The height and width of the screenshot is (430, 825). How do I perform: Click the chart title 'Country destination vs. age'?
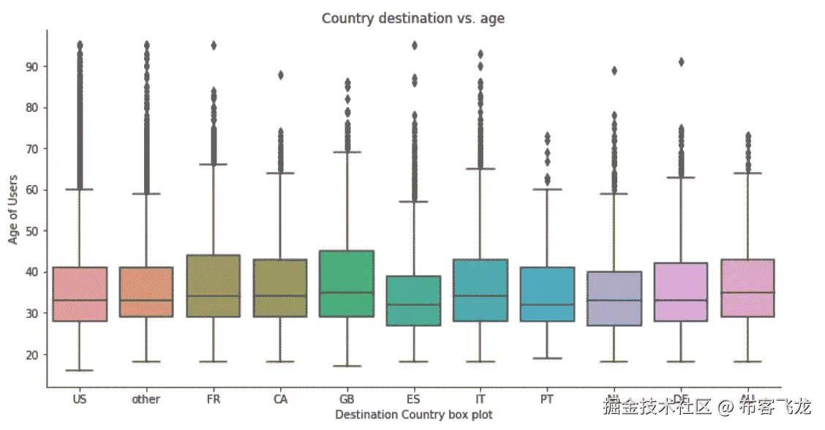(413, 19)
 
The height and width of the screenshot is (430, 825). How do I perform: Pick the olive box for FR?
(214, 286)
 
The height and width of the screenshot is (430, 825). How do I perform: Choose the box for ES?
(414, 301)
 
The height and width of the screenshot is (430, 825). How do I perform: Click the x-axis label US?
(80, 399)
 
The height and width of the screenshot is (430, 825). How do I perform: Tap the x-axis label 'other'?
(146, 399)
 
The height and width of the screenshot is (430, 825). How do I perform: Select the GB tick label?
(347, 399)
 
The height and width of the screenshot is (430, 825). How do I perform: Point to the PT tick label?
(547, 399)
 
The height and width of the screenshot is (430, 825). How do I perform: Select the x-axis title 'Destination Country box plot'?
(413, 415)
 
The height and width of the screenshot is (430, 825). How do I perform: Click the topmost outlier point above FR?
(214, 45)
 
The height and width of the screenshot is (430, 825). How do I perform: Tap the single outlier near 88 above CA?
(280, 75)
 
